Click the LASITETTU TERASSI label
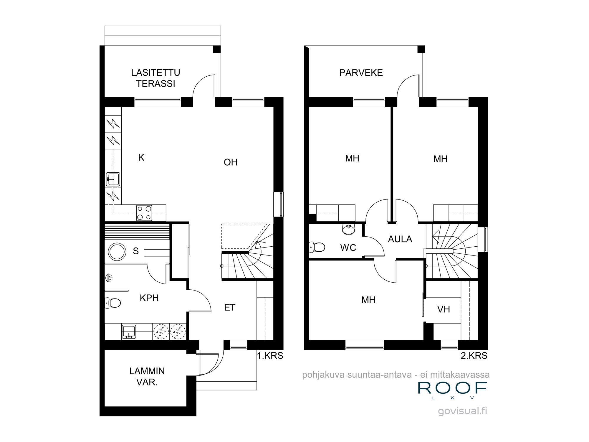tap(155, 78)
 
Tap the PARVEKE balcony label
tap(361, 73)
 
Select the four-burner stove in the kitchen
tap(144, 213)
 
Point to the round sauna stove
tap(117, 252)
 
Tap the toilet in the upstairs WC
tap(317, 247)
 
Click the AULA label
tap(400, 239)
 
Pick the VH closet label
tap(443, 309)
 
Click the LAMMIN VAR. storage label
tap(147, 376)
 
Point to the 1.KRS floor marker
tap(270, 356)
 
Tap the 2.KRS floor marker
tap(474, 356)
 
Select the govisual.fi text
tap(462, 411)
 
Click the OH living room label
tap(230, 162)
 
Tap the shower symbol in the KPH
tap(108, 277)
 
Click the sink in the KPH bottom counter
tap(129, 331)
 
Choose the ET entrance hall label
tap(230, 307)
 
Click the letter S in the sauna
tap(135, 251)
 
